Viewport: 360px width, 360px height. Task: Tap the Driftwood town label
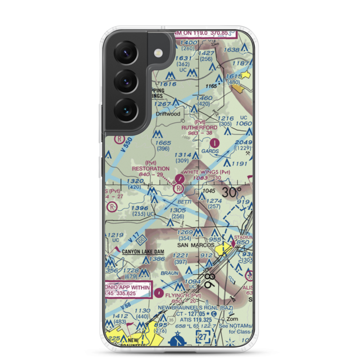168,114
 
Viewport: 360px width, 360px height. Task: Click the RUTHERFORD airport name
199,127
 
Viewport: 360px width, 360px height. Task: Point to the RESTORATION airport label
150,168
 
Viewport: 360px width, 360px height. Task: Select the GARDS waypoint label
210,151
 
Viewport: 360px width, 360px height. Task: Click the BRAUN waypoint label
169,273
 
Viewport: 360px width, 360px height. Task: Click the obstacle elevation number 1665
163,143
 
